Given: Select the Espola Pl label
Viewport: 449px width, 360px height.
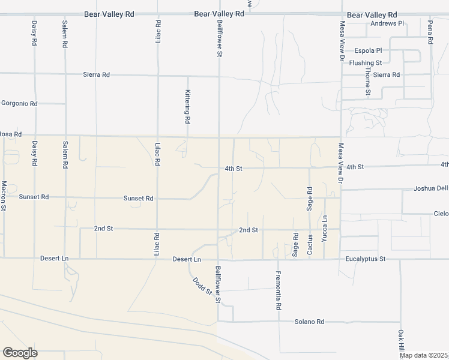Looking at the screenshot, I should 368,51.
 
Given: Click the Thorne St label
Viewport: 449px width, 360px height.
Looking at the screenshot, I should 368,82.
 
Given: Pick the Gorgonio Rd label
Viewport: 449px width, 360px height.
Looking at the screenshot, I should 19,104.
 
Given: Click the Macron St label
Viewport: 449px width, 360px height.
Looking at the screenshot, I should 4,196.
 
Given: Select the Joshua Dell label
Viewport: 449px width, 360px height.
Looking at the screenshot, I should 430,188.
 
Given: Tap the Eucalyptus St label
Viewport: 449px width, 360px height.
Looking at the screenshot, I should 365,259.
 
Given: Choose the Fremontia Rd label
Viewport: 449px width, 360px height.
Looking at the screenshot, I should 279,290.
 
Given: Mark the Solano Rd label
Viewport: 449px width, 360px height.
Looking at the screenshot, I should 309,322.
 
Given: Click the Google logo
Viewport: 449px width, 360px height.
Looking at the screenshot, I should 19,353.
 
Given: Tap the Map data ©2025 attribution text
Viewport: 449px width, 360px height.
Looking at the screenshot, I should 424,355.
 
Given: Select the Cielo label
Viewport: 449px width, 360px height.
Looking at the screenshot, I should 441,214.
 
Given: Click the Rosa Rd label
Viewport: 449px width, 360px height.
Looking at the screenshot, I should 10,134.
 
